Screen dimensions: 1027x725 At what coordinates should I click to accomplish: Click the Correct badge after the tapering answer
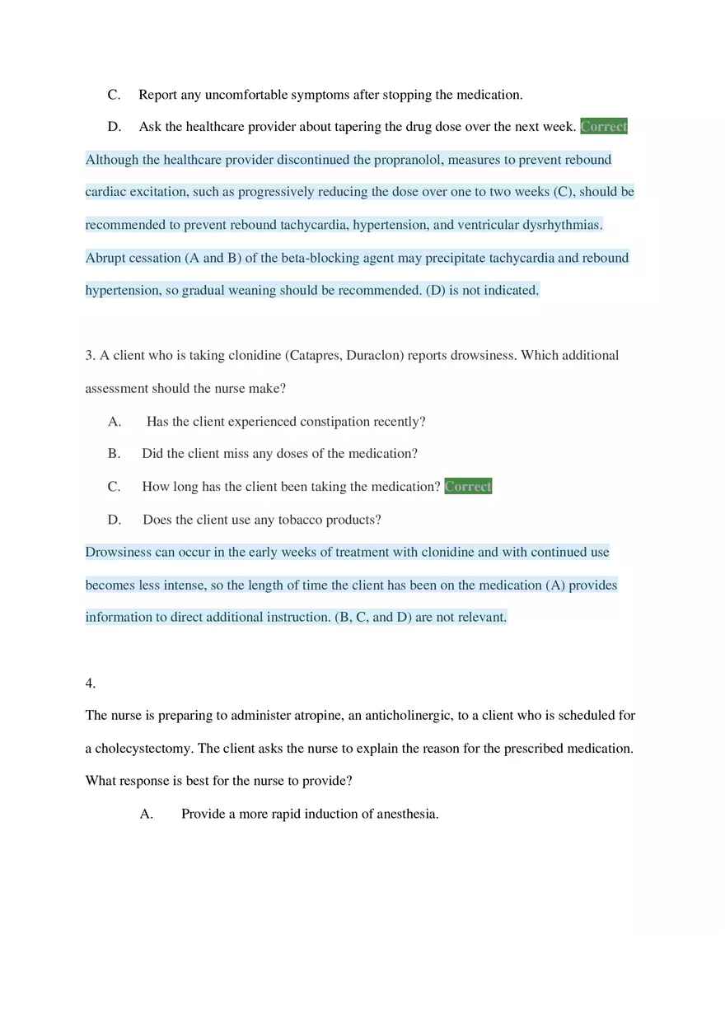[x=603, y=127]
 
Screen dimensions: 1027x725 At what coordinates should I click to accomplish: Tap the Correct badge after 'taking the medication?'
[x=468, y=487]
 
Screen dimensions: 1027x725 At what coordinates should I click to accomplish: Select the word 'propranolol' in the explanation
[x=409, y=160]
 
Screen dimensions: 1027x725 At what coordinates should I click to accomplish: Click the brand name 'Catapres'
[x=313, y=356]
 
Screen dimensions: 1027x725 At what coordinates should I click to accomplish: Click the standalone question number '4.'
[x=91, y=683]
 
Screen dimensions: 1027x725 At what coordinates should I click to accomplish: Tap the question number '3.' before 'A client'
[x=91, y=356]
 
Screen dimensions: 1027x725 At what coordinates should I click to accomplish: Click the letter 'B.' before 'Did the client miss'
[x=114, y=454]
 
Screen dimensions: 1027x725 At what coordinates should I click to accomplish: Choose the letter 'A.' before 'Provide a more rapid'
[x=147, y=815]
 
